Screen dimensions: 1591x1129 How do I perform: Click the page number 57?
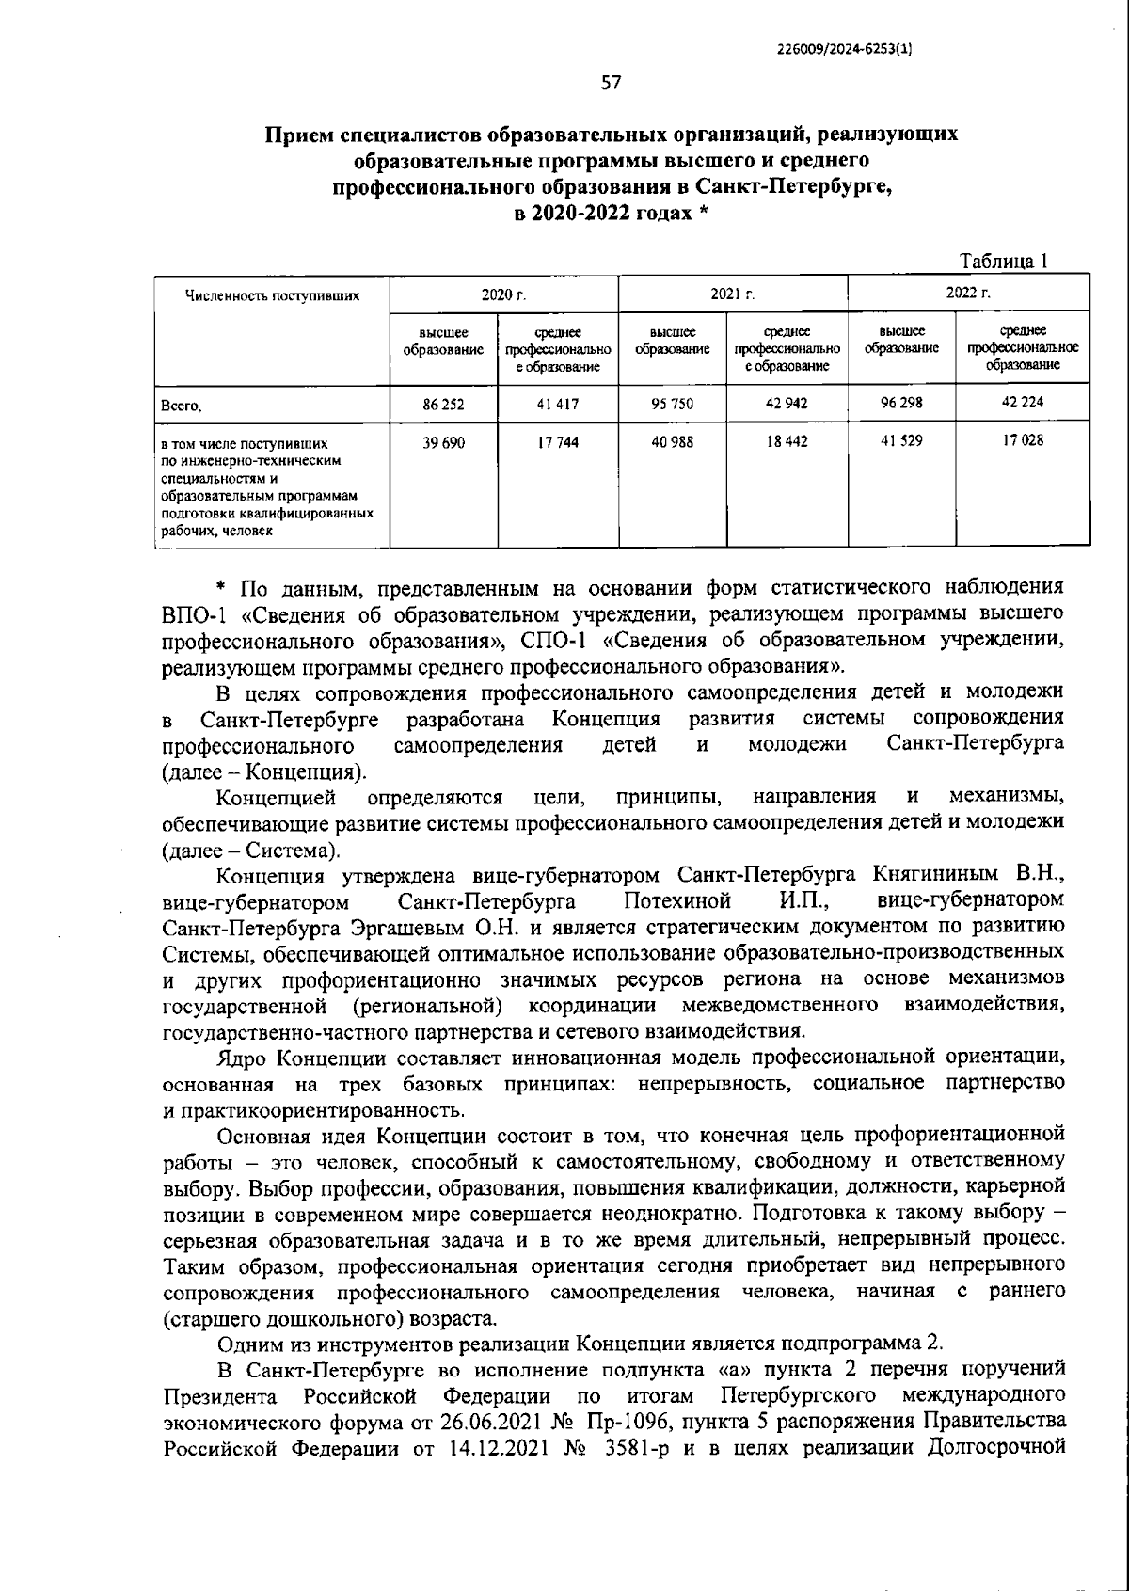coord(611,82)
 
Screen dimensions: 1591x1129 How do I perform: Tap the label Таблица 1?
coord(1003,262)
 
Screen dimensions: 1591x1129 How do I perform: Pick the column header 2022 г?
coord(968,294)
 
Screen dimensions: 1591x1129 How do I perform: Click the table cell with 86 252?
coord(443,404)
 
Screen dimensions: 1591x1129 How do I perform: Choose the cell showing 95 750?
coord(672,404)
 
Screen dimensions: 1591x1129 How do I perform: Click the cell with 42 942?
coord(787,404)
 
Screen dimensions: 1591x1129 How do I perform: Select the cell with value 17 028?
coord(1022,440)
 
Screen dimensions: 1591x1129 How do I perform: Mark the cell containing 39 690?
coord(443,441)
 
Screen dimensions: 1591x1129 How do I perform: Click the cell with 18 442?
coord(787,441)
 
